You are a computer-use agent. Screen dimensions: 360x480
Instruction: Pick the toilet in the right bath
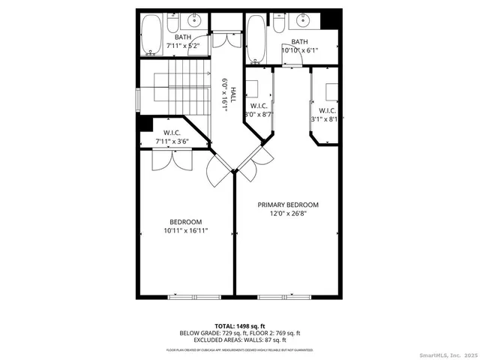tap(278, 25)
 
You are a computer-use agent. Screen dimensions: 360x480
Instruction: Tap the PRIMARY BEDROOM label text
tap(288, 205)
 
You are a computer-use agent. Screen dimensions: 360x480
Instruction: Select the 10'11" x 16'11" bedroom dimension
tap(186, 231)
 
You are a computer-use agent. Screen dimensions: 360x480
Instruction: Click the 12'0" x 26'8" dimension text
tap(288, 214)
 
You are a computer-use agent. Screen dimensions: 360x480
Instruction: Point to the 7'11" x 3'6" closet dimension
tap(172, 140)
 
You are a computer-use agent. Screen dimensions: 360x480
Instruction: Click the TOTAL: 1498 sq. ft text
tap(240, 326)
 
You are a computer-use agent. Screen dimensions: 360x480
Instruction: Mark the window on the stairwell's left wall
tap(138, 99)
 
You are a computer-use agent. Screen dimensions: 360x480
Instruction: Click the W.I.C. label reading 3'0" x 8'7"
tap(259, 110)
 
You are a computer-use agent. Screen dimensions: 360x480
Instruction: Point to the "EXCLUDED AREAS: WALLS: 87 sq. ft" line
tap(240, 340)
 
